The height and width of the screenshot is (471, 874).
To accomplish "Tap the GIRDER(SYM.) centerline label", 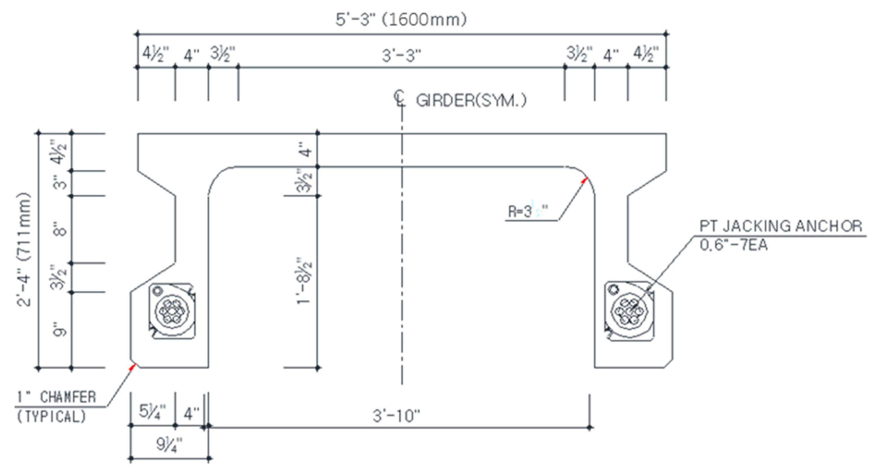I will (x=471, y=101).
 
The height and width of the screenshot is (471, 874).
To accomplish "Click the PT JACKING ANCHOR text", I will (x=780, y=226).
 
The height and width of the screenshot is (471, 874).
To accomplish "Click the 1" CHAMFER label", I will (x=56, y=397).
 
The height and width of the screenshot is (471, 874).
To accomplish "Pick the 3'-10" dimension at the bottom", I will (x=396, y=416).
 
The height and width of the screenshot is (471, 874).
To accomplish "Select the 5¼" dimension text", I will (x=152, y=412).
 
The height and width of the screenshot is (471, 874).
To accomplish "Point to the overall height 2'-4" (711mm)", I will (x=24, y=249).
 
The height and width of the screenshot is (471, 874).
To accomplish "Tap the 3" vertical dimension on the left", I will (x=61, y=183).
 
